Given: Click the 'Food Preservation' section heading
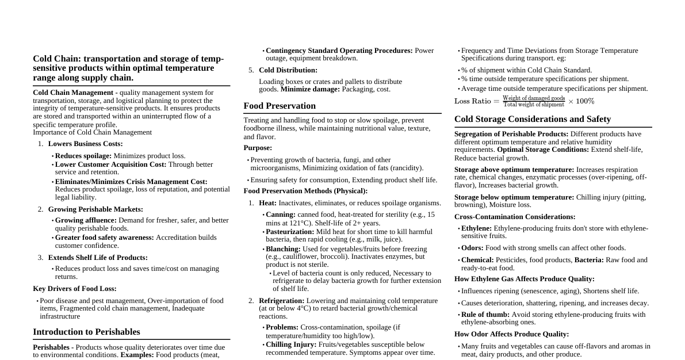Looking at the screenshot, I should pyautogui.click(x=280, y=106).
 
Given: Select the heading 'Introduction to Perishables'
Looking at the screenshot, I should pyautogui.click(x=86, y=332).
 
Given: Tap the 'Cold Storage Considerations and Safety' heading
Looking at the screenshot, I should pyautogui.click(x=533, y=119).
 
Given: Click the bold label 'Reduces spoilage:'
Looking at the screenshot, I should pyautogui.click(x=83, y=156).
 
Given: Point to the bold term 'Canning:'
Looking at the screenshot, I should pyautogui.click(x=281, y=215).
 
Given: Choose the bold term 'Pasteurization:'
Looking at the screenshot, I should pyautogui.click(x=290, y=232).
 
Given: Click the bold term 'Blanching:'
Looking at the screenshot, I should pyautogui.click(x=283, y=249).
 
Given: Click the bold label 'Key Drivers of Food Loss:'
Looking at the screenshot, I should pyautogui.click(x=75, y=289).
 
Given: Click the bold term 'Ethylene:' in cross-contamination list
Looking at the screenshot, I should pyautogui.click(x=476, y=228).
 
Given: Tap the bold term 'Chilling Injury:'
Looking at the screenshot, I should pyautogui.click(x=291, y=344).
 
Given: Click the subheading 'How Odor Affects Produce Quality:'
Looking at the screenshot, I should pyautogui.click(x=511, y=334).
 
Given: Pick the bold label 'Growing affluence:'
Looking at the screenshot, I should pyautogui.click(x=86, y=220).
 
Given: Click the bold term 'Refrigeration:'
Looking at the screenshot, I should pyautogui.click(x=282, y=301).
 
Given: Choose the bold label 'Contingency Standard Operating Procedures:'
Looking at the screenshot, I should pyautogui.click(x=339, y=51).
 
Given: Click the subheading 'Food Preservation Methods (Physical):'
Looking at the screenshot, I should pyautogui.click(x=305, y=191).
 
